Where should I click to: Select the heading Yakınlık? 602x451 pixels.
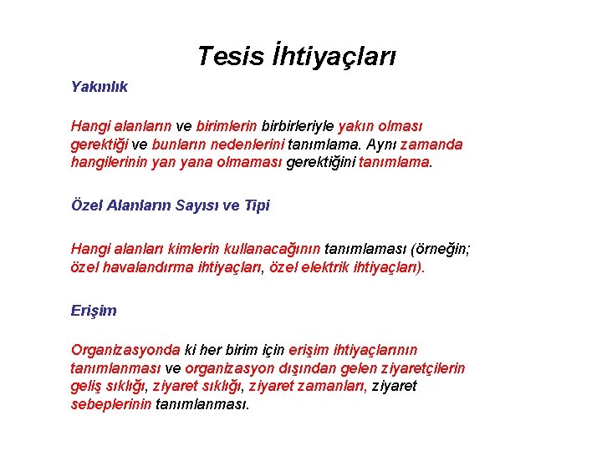[x=99, y=87]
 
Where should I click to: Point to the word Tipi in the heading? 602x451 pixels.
[x=258, y=205]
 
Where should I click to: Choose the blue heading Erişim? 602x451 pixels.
[x=94, y=311]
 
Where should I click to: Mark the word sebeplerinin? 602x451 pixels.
[x=111, y=405]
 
